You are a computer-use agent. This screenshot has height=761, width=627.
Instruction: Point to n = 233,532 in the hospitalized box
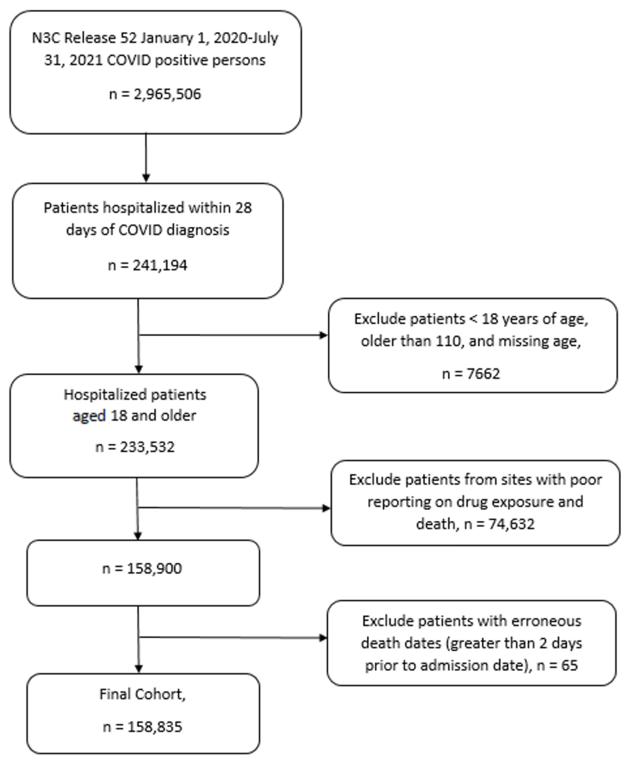(135, 447)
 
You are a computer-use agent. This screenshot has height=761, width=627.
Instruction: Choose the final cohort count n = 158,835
(143, 727)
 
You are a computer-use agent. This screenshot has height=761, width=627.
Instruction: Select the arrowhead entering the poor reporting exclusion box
(326, 508)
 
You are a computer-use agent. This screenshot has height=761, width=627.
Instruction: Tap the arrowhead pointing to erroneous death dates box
(323, 638)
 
